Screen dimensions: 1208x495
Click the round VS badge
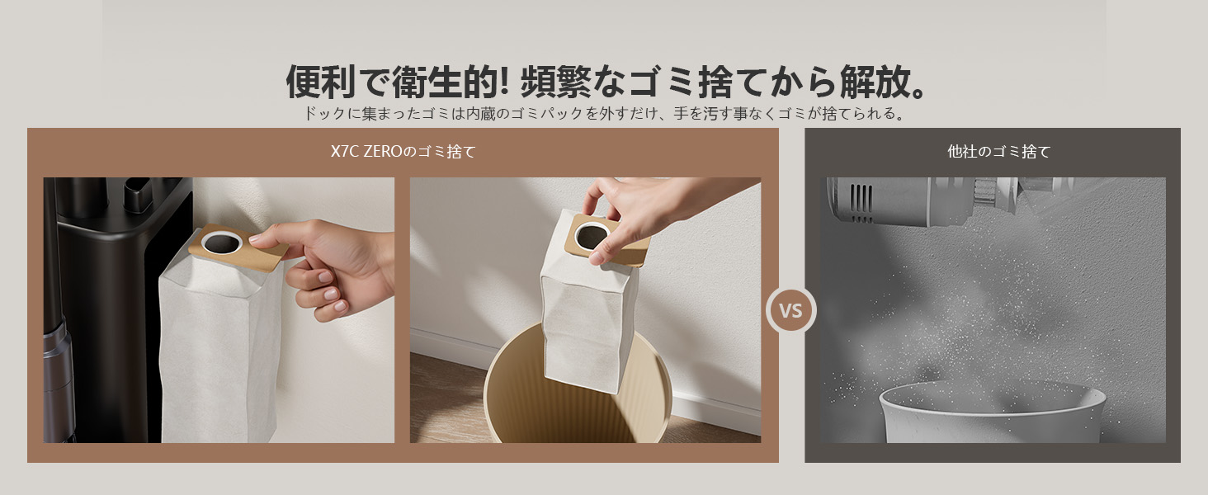point(790,310)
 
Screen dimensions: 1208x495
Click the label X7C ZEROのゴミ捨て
point(403,152)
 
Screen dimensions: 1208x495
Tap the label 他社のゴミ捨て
point(998,152)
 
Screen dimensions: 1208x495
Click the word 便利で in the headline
point(337,82)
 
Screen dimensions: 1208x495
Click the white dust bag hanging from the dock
point(220,345)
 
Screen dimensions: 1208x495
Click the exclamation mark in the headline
point(505,82)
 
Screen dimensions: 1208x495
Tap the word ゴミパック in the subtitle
point(547,114)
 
